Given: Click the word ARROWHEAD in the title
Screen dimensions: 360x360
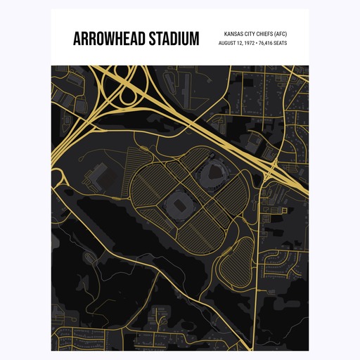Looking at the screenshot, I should [x=108, y=39].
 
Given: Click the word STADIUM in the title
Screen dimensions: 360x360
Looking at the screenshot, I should [x=172, y=39].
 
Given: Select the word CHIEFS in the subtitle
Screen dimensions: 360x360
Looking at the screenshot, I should [x=264, y=34].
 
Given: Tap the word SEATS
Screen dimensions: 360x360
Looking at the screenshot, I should [x=281, y=44].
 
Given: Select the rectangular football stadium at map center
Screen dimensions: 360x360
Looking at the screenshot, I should [x=178, y=206].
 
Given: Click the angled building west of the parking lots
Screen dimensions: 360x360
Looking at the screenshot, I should [x=99, y=172].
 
